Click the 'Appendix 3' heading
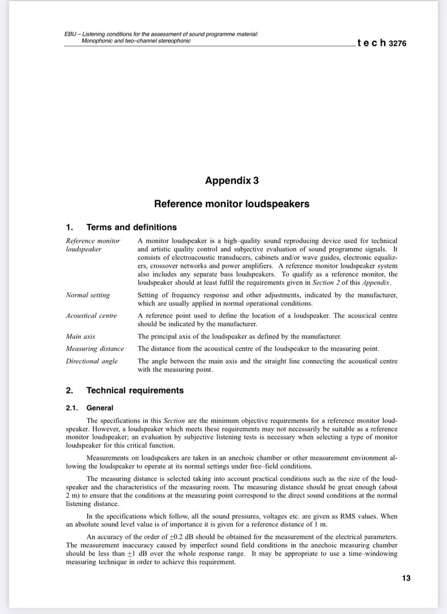pos(231,181)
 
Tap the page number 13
pos(405,578)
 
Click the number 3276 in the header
pos(398,43)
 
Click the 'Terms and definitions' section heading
pos(131,227)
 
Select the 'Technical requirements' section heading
pos(135,391)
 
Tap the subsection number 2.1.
pos(72,408)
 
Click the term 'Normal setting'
pos(88,295)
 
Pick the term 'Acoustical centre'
pos(92,316)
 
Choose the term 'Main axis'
pos(81,337)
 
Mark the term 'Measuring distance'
pos(94,349)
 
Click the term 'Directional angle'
pos(92,361)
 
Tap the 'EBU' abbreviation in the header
pos(71,35)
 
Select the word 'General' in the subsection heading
pos(100,408)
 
